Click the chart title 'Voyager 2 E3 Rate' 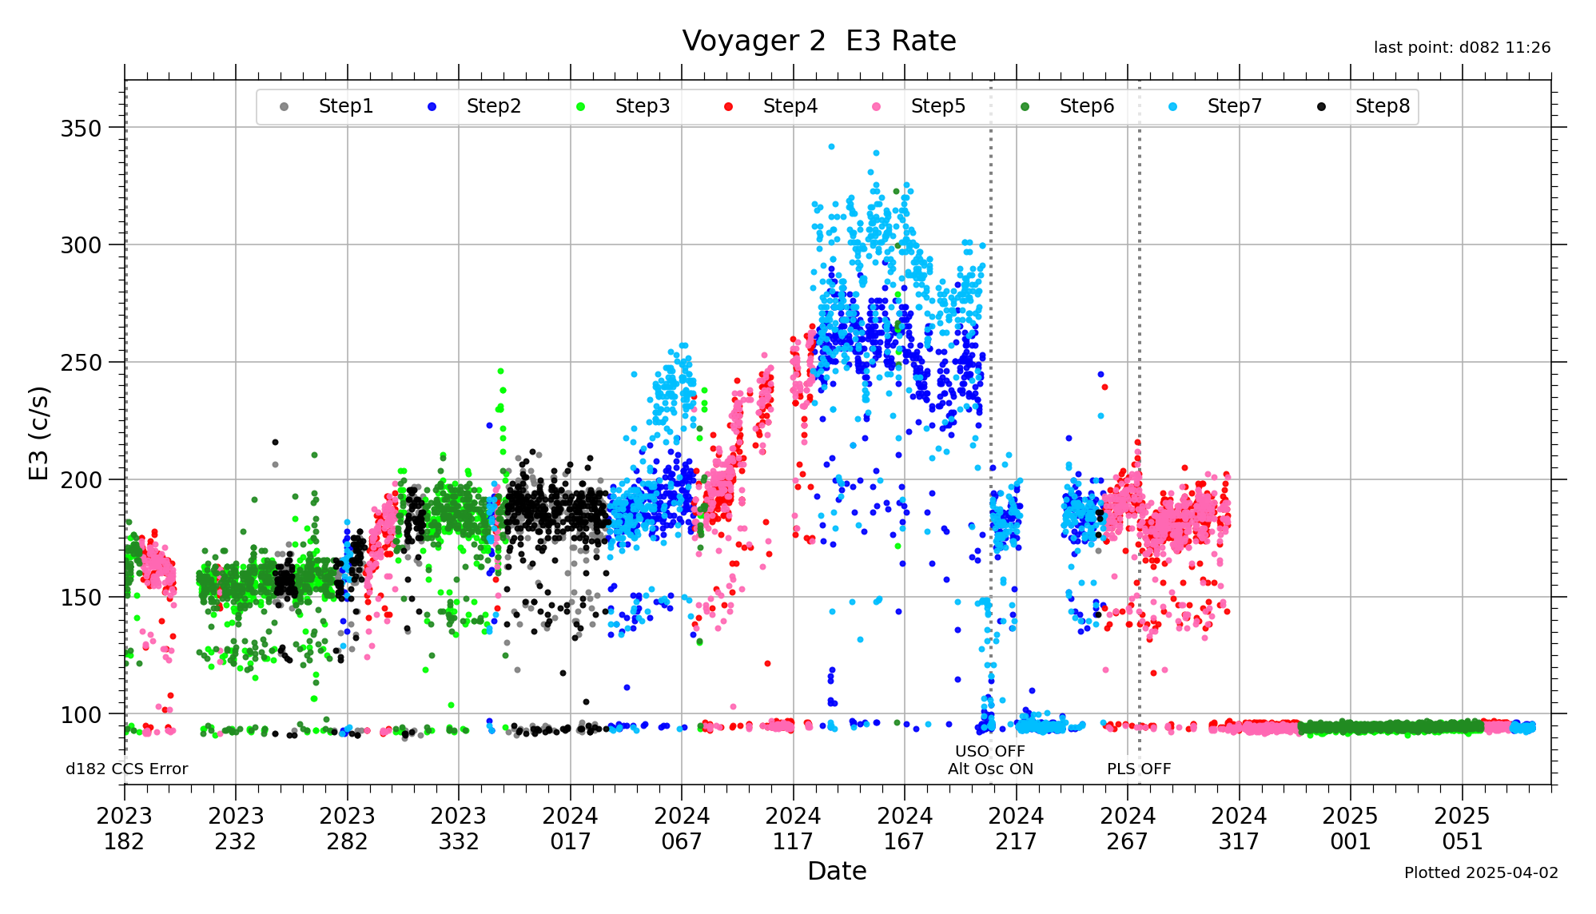point(818,41)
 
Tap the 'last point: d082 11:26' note point(1462,48)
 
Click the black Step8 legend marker point(1321,107)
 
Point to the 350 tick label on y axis point(81,128)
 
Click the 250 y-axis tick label point(81,363)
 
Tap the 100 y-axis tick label point(81,715)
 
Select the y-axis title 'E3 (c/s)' point(38,433)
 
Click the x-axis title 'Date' point(837,871)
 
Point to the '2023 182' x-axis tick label point(124,829)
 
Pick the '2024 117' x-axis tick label point(793,829)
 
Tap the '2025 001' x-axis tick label point(1350,829)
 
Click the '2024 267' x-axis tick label point(1127,829)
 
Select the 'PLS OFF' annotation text point(1138,769)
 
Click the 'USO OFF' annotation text point(989,751)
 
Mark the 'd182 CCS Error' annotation point(126,769)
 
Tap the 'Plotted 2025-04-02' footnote point(1481,872)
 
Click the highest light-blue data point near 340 point(831,147)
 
